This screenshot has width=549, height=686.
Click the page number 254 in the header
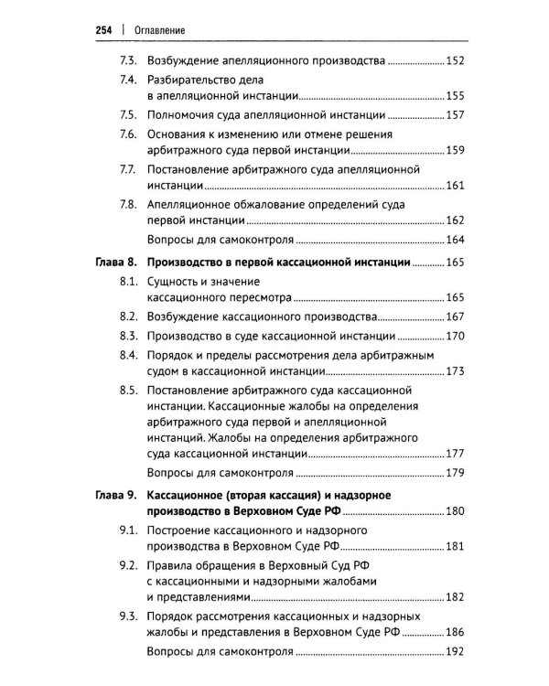[x=105, y=30]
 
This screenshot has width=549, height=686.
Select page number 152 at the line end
[x=455, y=62]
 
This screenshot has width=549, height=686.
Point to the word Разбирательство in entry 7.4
[x=192, y=80]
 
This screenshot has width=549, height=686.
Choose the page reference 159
[x=455, y=151]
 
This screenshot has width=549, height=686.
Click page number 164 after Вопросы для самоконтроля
[x=455, y=241]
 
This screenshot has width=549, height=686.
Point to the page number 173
[x=455, y=372]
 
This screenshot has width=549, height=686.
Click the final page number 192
[x=455, y=653]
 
